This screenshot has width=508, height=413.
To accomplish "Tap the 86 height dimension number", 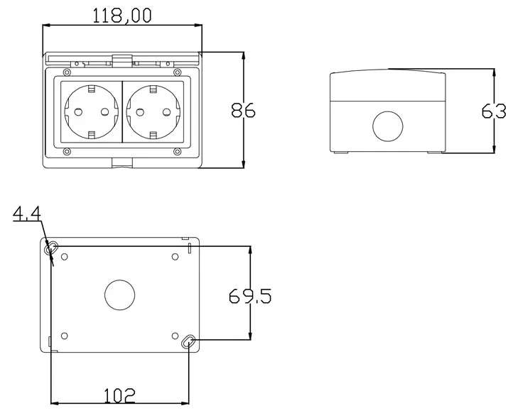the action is (244, 110).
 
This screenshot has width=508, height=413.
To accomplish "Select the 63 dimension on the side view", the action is (495, 111).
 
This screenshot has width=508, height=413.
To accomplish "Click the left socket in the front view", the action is (92, 111).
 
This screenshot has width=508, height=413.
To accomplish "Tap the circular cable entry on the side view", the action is (387, 126).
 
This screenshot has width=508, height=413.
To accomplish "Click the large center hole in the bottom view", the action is (119, 295).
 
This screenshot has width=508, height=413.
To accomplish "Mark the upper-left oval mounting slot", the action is (51, 249).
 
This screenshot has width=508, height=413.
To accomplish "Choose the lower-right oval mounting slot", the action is (188, 342).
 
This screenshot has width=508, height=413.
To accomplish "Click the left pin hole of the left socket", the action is (77, 112).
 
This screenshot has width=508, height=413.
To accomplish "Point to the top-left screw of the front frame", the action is (66, 73).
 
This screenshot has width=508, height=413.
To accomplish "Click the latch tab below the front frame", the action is (121, 164).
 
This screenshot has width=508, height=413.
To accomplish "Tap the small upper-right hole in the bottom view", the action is (175, 257).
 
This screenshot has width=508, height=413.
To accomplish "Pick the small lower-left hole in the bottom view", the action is (65, 335).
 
